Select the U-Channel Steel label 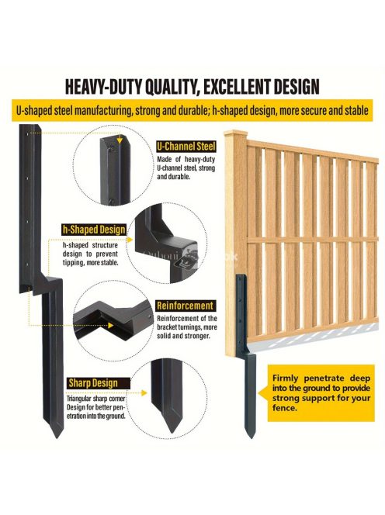tap(186, 147)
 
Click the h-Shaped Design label tap(94, 230)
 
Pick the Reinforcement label tap(185, 306)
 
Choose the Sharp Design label tap(93, 383)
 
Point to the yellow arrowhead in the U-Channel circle tap(120, 140)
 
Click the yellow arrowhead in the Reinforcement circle tap(111, 326)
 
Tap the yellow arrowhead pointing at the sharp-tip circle tap(144, 392)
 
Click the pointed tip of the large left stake tap(58, 437)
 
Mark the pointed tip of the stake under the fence tap(251, 437)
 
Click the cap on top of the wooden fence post tap(235, 133)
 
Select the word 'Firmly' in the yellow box tap(286, 378)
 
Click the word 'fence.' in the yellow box tap(285, 408)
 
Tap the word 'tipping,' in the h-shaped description tap(74, 263)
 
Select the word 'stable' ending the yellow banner tap(357, 110)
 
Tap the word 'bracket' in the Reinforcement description tap(167, 327)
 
